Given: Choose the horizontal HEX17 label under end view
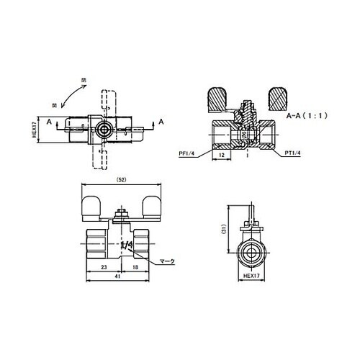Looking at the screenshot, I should (x=251, y=274).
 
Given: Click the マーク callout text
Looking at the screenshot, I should (x=167, y=262).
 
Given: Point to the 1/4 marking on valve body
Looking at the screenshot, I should (x=126, y=246).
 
